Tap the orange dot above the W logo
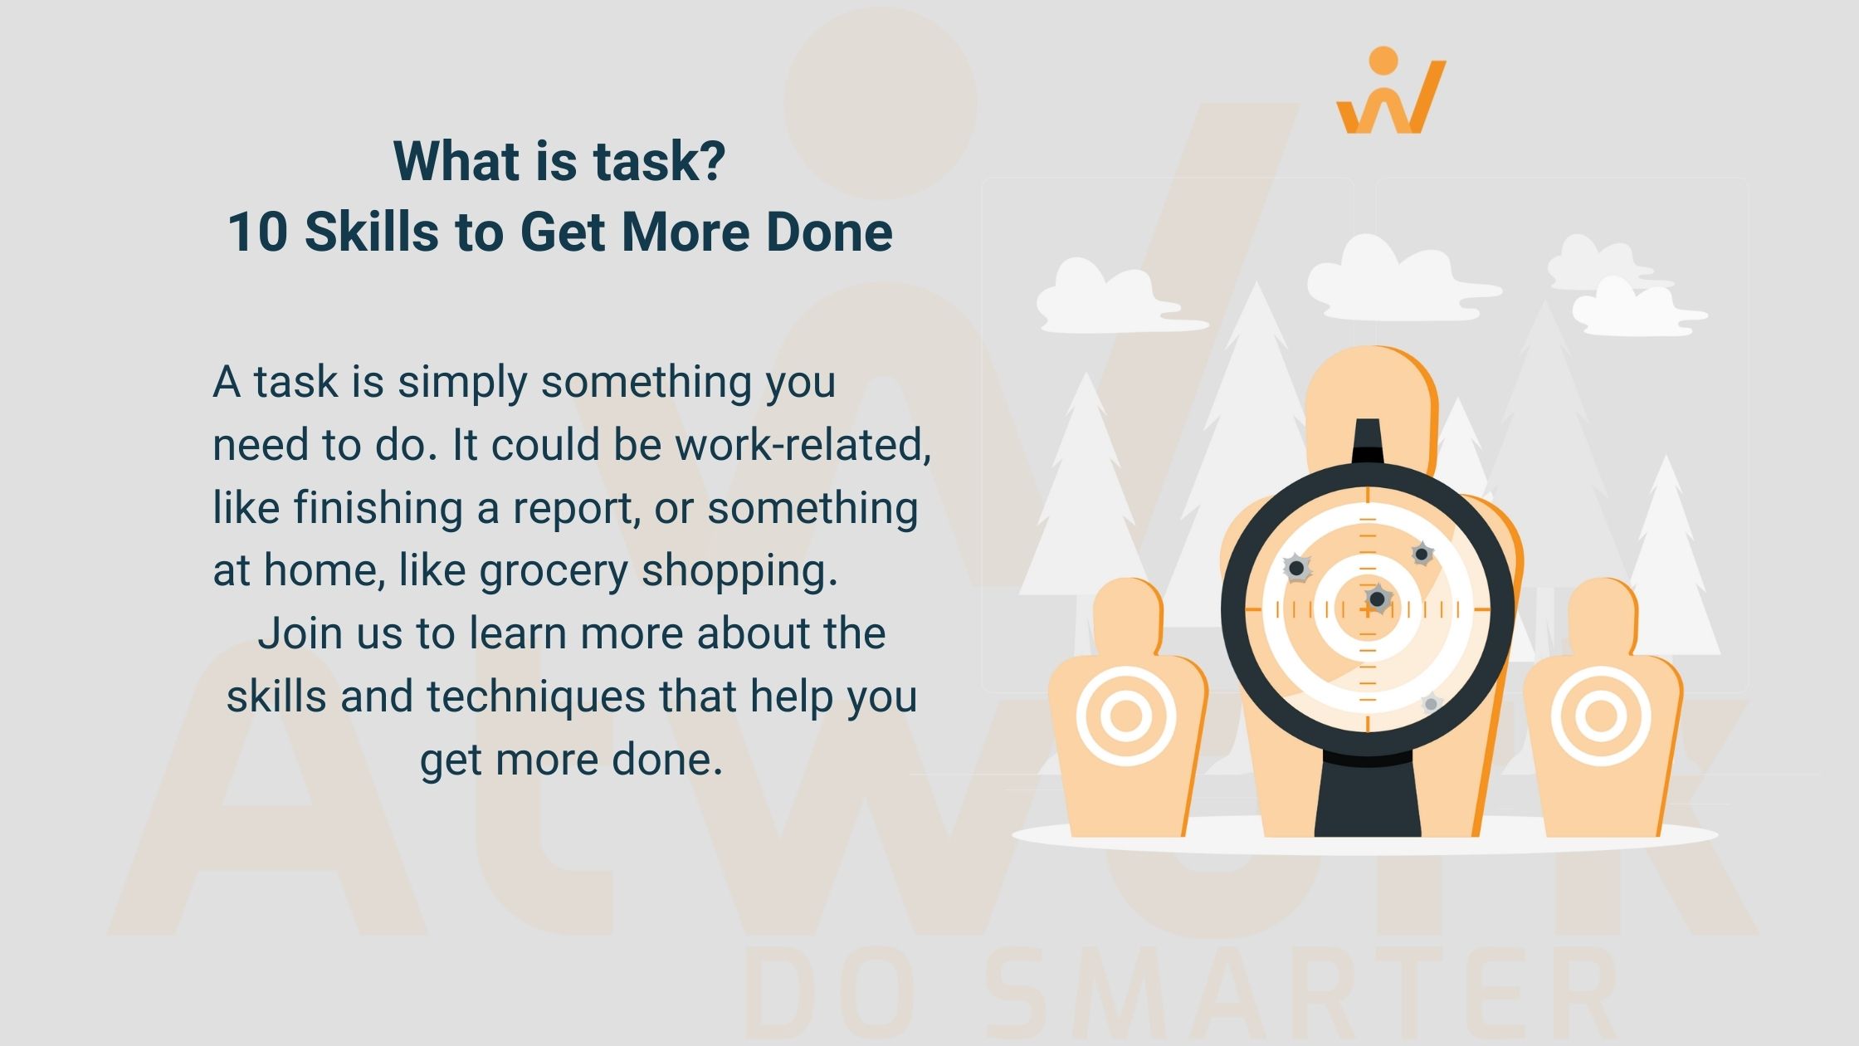(x=1383, y=61)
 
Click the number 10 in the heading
(x=257, y=232)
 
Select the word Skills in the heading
(x=371, y=232)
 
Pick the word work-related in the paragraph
(x=803, y=444)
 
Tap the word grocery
(x=554, y=572)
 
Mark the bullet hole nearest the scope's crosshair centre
(x=1378, y=599)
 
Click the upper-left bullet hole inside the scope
(x=1296, y=569)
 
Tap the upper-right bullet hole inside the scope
(x=1422, y=554)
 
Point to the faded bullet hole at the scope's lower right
(x=1430, y=704)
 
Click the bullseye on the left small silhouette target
(x=1125, y=716)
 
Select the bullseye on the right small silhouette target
(x=1601, y=716)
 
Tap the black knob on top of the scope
(x=1368, y=442)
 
